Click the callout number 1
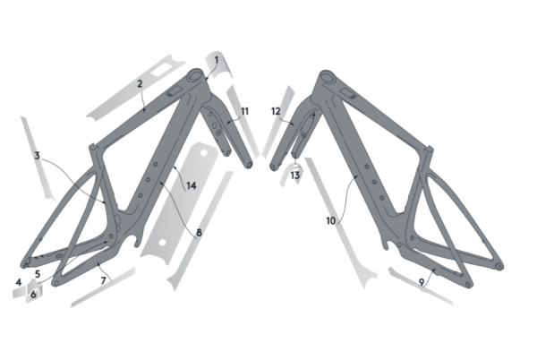coord(216,60)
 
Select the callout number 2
coord(140,84)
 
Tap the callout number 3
coord(37,156)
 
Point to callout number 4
coord(19,282)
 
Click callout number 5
coord(38,274)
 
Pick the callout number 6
coord(33,295)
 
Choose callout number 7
coord(104,281)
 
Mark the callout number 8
coord(199,233)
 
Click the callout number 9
coord(422,282)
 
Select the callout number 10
coord(330,221)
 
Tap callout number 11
coord(244,111)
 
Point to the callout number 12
coord(276,111)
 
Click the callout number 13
coord(294,176)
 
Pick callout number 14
coord(192,185)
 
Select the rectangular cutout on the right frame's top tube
coord(348,93)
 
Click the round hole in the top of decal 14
coord(205,151)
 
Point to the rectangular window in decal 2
coord(160,71)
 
